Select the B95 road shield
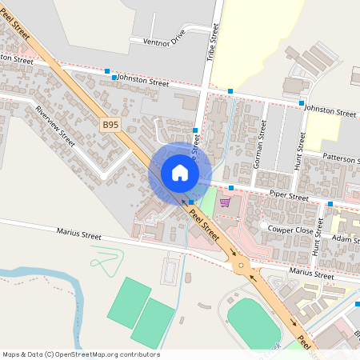tap(110, 124)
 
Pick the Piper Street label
tap(289, 195)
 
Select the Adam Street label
tap(346, 239)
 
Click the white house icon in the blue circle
tap(180, 172)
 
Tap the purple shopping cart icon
tap(225, 202)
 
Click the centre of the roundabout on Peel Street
tap(241, 266)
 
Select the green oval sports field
tap(254, 321)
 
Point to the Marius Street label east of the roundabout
tap(311, 274)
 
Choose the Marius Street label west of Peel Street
tap(79, 235)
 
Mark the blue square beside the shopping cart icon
tap(230, 188)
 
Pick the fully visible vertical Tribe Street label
tap(214, 42)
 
